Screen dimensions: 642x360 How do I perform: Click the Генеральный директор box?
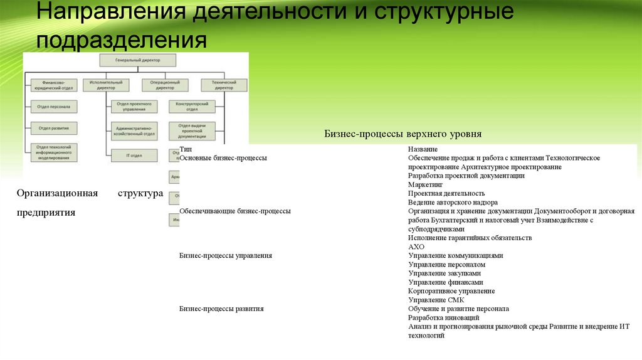(x=138, y=60)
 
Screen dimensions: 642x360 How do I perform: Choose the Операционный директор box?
(x=165, y=85)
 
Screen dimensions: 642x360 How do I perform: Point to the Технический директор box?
(x=224, y=85)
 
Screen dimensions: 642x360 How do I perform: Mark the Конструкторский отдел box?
(x=192, y=107)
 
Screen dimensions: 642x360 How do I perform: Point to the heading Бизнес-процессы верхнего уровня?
(x=403, y=134)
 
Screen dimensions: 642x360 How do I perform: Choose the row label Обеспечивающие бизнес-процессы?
(x=234, y=211)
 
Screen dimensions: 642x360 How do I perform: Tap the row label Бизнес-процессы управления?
(x=225, y=255)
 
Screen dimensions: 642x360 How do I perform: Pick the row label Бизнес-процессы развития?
(x=221, y=309)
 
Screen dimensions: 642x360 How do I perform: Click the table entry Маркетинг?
(x=425, y=185)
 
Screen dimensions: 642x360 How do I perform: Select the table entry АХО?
(x=416, y=247)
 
